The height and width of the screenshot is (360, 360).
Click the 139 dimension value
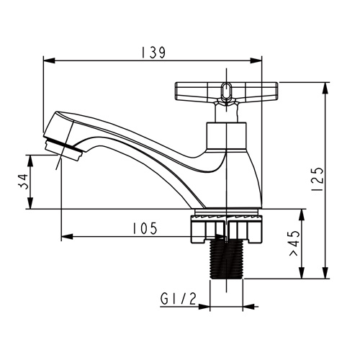tap(153, 53)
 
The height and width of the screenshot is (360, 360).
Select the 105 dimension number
tap(145, 228)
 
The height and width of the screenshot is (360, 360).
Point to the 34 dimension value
tap(23, 181)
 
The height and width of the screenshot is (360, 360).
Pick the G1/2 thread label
tap(179, 300)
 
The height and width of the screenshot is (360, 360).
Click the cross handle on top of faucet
tap(226, 91)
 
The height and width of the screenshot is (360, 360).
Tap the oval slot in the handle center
tap(226, 91)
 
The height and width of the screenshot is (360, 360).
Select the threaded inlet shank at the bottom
tap(226, 260)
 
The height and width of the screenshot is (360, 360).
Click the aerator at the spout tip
tap(63, 148)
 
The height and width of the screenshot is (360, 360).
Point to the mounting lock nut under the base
tap(226, 229)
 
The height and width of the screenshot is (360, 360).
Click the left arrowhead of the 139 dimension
tap(49, 60)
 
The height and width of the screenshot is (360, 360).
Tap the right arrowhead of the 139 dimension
tap(256, 60)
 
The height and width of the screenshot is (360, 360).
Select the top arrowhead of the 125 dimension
tap(325, 89)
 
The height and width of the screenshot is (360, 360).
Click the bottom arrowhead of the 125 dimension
tap(325, 273)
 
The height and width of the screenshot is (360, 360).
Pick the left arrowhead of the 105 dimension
tap(67, 237)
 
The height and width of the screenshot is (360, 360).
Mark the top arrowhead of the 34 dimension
tap(30, 161)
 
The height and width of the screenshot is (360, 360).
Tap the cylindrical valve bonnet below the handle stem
tap(226, 137)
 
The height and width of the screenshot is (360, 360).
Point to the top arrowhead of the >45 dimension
tap(302, 215)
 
